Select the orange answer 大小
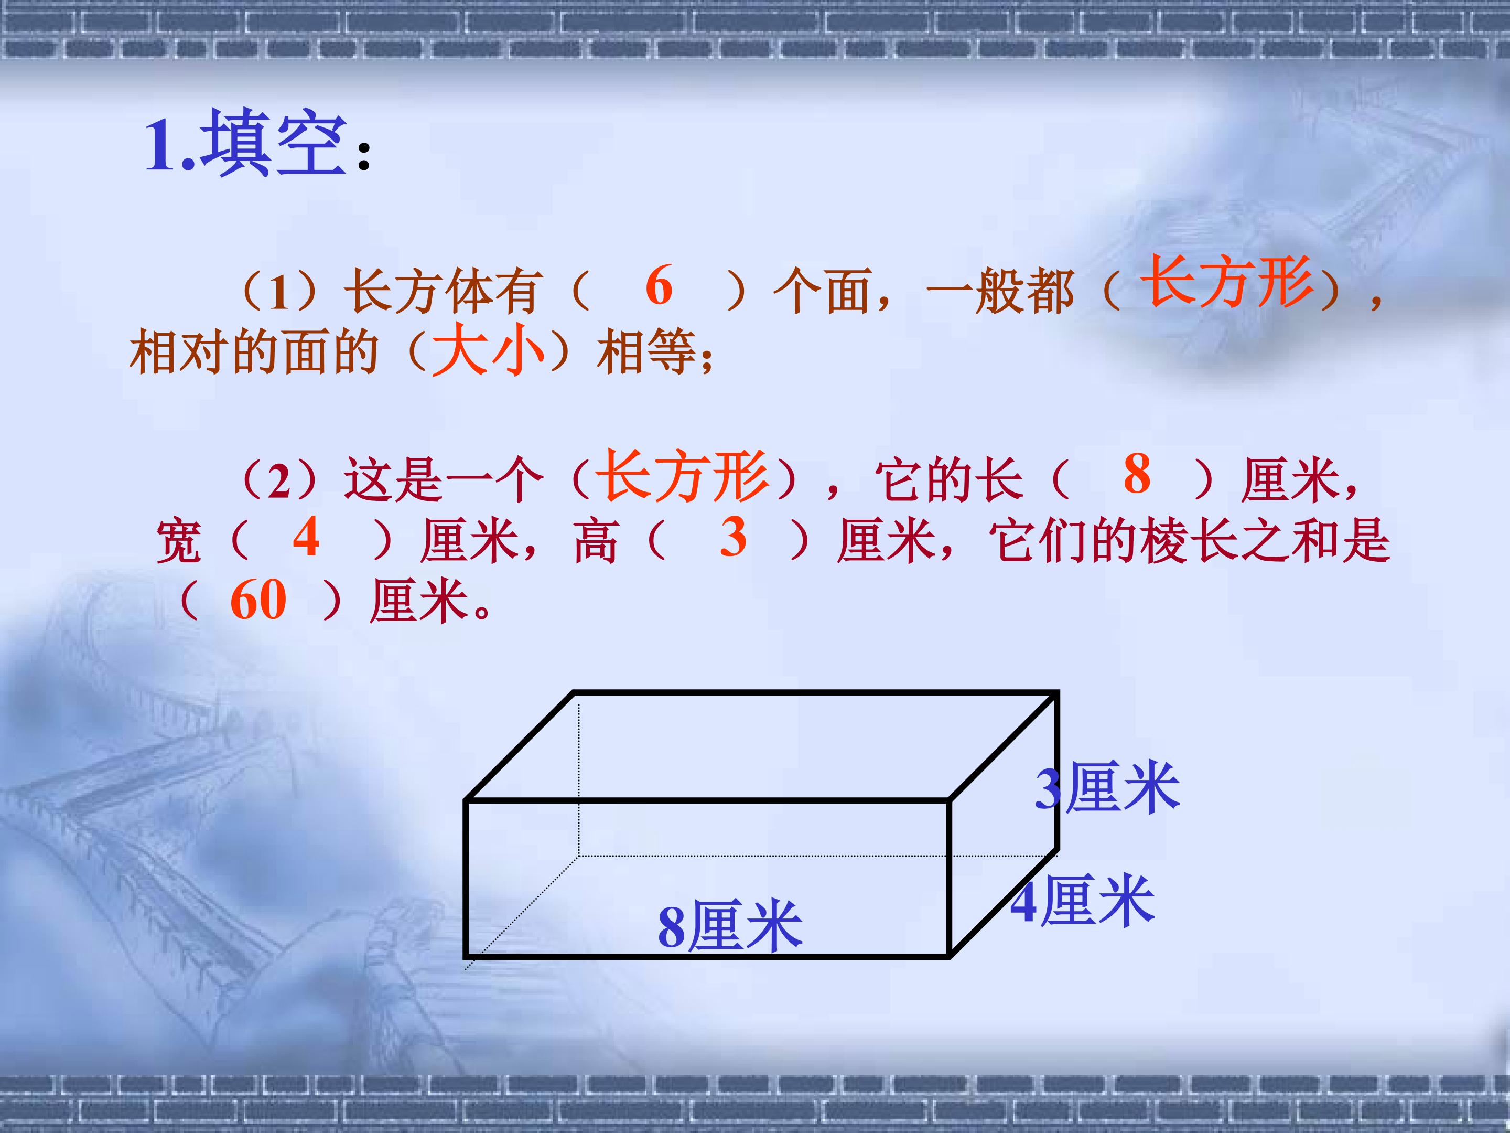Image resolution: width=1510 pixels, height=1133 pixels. tap(489, 350)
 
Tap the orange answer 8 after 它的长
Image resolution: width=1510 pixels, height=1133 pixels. tap(1137, 474)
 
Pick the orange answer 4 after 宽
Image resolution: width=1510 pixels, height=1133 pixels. tap(306, 537)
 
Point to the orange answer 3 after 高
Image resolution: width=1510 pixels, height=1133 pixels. tap(733, 537)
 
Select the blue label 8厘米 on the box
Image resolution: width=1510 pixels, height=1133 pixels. tap(730, 927)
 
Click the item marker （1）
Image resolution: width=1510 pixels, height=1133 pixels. tap(278, 292)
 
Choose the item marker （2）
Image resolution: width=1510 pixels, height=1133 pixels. tap(278, 481)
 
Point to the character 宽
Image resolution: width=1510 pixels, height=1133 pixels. tap(179, 541)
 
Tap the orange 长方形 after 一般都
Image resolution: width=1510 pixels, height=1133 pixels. tap(1227, 281)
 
